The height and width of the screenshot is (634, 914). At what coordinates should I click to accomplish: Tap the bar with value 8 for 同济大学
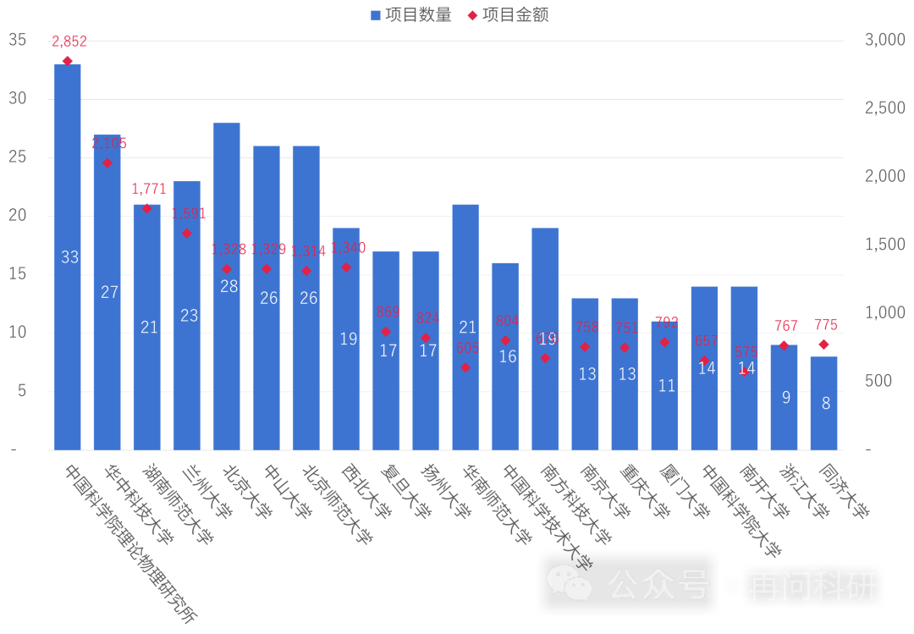pos(823,403)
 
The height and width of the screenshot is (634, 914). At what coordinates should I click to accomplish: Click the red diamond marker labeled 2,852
pos(68,61)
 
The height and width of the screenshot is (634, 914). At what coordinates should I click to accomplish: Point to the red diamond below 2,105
pos(107,163)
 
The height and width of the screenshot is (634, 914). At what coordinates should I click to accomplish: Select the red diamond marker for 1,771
pos(146,208)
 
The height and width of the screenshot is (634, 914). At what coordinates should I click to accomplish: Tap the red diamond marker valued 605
pos(465,367)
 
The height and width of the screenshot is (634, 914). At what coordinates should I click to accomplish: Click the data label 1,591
pos(188,213)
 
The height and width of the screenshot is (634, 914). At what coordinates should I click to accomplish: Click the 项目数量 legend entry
pos(411,14)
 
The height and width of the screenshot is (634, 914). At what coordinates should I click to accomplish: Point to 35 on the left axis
pos(17,40)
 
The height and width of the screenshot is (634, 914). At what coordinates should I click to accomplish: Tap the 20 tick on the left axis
pos(17,216)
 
